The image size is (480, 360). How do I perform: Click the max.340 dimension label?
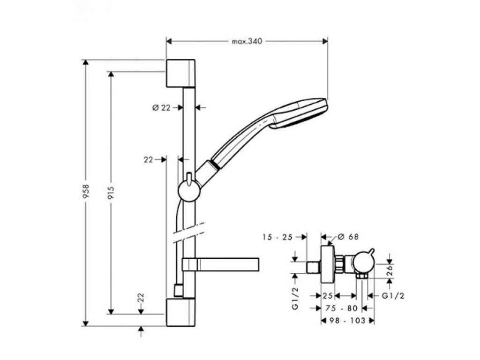[x=247, y=41]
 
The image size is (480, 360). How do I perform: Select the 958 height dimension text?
[x=86, y=192]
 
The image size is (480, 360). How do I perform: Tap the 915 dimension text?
[x=111, y=192]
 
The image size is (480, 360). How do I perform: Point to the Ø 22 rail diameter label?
[x=161, y=107]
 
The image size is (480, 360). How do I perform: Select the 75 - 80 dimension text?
[x=341, y=308]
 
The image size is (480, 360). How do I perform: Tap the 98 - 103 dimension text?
[x=347, y=320]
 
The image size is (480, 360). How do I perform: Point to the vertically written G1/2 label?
[x=295, y=300]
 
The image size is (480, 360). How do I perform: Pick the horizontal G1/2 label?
[x=393, y=295]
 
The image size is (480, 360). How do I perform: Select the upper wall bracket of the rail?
[x=180, y=73]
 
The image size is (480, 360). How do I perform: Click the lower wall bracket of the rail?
[x=180, y=312]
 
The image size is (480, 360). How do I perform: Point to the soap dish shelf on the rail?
[x=220, y=265]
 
